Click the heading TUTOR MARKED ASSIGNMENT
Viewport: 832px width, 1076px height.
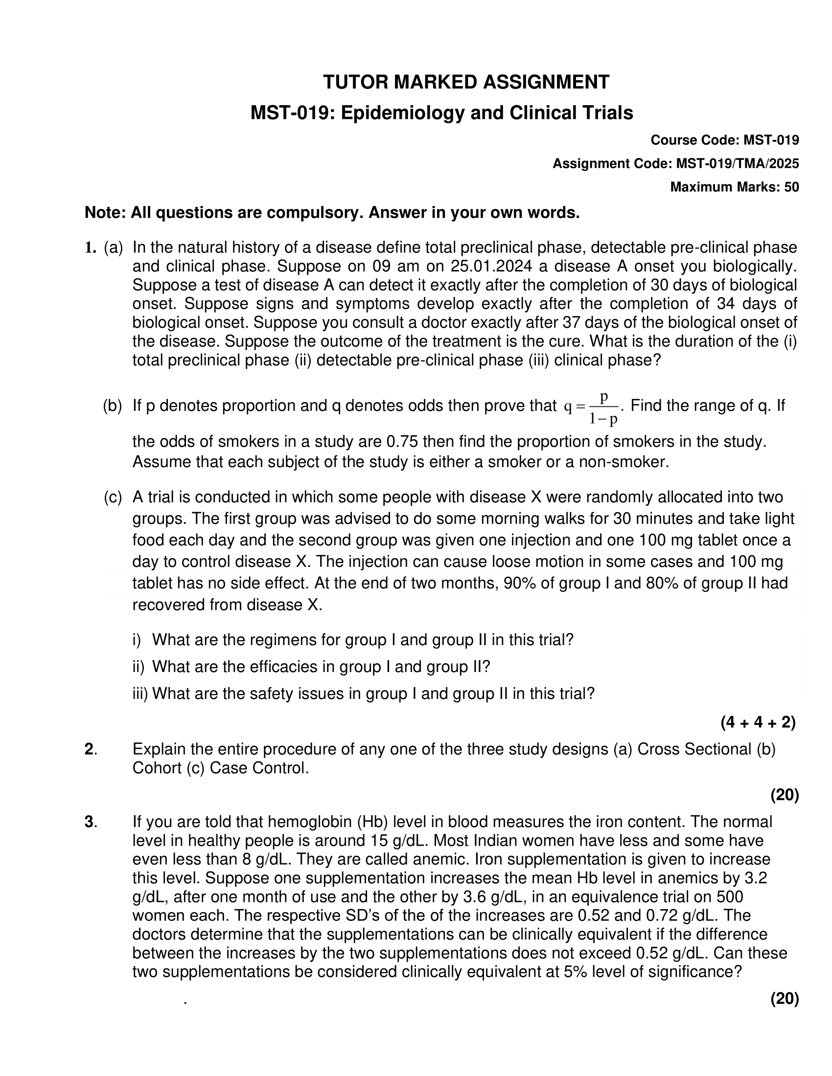click(466, 82)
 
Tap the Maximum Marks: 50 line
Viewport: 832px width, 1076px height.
click(735, 187)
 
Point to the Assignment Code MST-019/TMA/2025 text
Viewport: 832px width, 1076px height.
click(676, 163)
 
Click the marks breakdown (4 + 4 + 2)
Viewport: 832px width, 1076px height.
click(758, 722)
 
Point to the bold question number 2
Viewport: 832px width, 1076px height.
click(89, 749)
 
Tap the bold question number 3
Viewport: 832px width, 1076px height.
click(89, 822)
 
